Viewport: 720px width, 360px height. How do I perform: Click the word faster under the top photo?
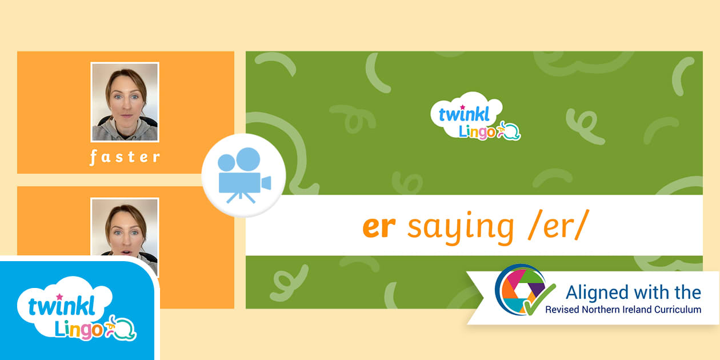(x=125, y=158)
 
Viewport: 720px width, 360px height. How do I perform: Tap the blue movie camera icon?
(x=244, y=175)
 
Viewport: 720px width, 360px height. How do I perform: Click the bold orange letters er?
(x=379, y=227)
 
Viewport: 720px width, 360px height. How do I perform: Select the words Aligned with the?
(x=633, y=293)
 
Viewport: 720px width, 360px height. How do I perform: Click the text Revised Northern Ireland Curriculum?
(x=623, y=310)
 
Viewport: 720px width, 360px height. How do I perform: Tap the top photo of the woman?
(x=125, y=102)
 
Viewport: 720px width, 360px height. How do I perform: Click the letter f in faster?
(x=93, y=158)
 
